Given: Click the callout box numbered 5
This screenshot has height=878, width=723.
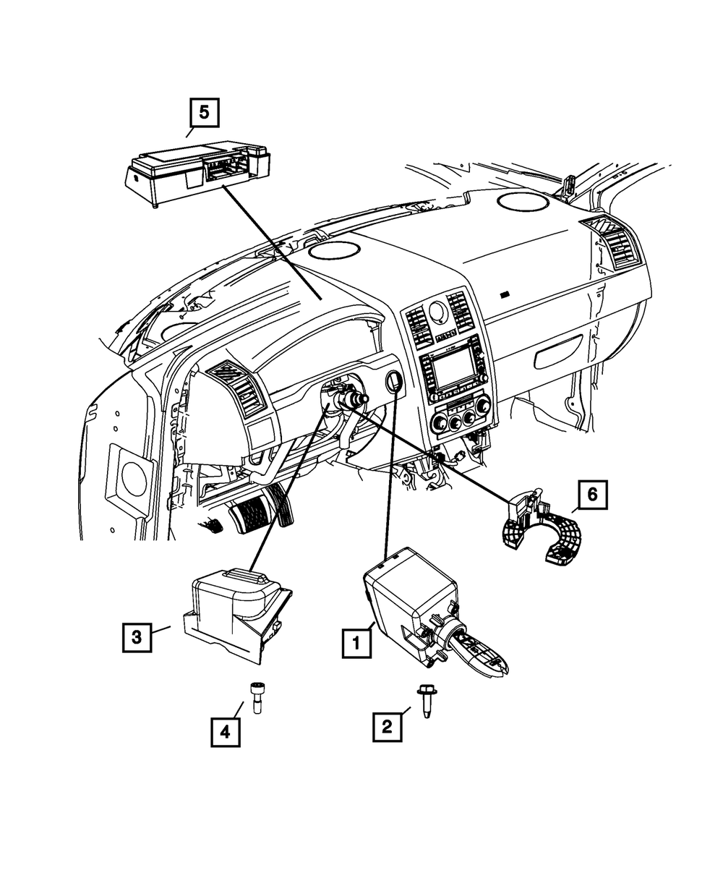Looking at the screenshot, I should click(x=204, y=112).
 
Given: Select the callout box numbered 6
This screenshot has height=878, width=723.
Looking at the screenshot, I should click(x=592, y=495).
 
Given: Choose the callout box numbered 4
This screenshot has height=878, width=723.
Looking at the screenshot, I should click(x=226, y=731).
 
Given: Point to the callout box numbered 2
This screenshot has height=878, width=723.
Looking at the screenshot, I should click(x=388, y=725).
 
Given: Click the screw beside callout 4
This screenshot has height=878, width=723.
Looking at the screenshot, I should click(x=256, y=697).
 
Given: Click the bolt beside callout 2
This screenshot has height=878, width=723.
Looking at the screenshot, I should click(x=424, y=702).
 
